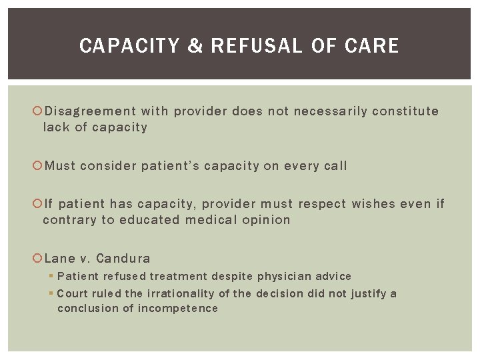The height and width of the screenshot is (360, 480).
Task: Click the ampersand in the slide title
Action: click(195, 46)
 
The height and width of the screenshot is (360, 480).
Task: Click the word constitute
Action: click(405, 111)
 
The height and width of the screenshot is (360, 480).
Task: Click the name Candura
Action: click(123, 259)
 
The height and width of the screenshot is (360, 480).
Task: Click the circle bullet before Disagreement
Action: click(37, 111)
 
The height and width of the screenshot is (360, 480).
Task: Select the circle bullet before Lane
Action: click(37, 259)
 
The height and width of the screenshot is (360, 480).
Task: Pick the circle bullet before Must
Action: click(37, 166)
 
